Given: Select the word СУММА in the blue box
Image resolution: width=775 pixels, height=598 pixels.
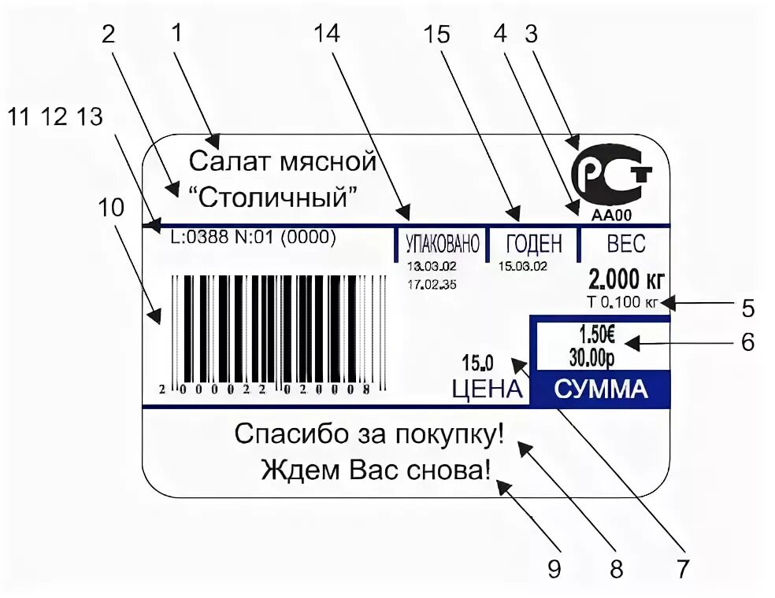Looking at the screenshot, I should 601,389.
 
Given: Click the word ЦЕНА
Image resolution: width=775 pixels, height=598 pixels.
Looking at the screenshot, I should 487,389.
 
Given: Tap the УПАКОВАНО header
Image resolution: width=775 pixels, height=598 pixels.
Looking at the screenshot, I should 442,244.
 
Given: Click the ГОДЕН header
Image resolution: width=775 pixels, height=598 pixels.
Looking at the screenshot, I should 534,244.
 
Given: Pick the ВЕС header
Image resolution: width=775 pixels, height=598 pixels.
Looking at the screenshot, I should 626,244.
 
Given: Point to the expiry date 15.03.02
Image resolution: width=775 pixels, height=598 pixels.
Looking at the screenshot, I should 523,266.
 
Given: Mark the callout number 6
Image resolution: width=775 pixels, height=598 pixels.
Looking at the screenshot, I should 747,342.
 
